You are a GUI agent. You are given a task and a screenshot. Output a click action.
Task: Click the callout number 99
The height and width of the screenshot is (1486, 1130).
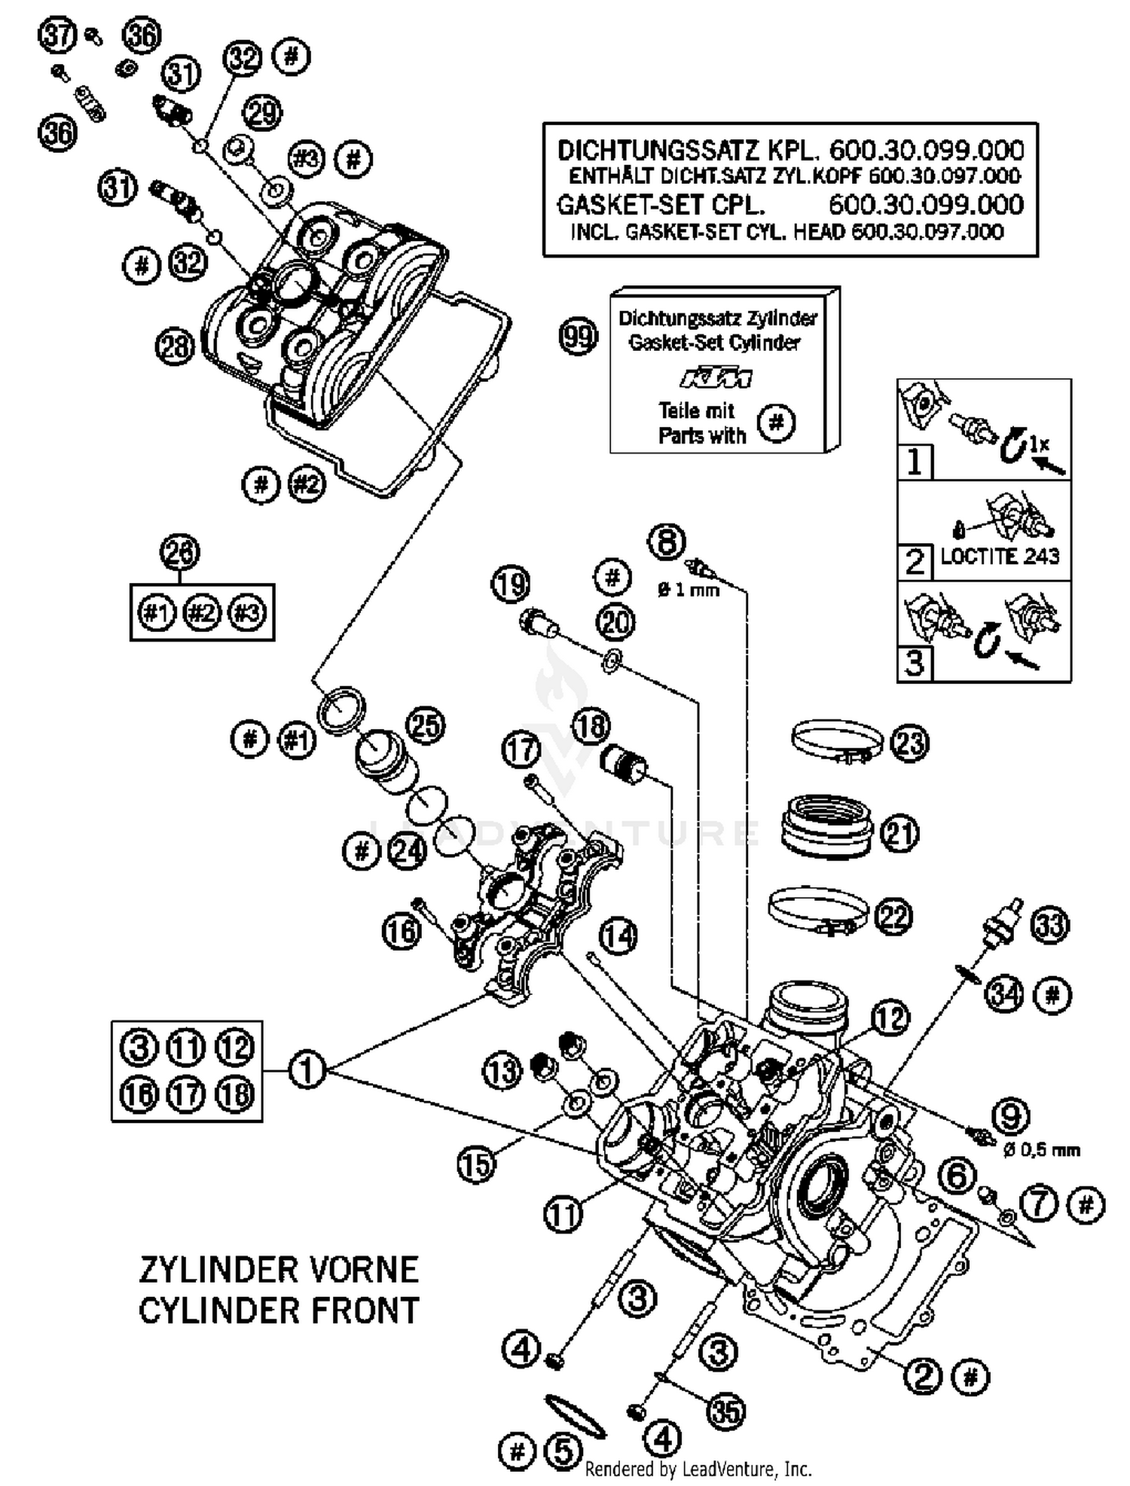[579, 337]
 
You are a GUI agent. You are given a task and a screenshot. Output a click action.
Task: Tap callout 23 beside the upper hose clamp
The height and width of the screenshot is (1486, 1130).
[909, 743]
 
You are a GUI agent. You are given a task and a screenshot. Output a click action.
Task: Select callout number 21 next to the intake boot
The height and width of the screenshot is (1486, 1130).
[899, 834]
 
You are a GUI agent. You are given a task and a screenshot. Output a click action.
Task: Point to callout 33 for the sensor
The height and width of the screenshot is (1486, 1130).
[1049, 924]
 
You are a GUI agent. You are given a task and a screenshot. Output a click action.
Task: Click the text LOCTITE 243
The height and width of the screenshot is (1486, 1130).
[999, 557]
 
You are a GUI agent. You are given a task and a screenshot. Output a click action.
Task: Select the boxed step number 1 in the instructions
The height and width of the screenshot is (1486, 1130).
[915, 461]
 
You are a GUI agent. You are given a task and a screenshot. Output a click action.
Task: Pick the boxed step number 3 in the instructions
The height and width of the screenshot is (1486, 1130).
[915, 664]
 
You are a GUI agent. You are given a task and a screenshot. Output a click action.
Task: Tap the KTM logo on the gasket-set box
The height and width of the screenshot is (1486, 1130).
[716, 378]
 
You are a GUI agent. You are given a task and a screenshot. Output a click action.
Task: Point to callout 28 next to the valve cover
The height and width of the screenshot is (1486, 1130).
[175, 347]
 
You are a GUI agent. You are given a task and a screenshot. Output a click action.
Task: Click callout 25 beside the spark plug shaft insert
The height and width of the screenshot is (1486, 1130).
[426, 726]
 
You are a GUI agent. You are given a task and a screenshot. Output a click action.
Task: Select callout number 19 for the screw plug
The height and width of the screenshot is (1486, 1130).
[512, 584]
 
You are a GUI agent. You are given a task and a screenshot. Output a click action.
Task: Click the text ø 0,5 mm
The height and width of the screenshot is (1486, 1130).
[1042, 1150]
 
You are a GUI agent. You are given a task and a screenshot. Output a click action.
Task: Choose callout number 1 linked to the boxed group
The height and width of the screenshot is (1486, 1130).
[306, 1069]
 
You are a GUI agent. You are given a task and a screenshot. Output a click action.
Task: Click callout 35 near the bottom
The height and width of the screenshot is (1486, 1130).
[726, 1411]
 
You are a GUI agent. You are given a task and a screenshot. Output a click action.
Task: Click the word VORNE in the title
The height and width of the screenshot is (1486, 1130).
[363, 1270]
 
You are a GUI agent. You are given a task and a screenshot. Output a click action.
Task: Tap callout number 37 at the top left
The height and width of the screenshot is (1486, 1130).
[59, 35]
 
